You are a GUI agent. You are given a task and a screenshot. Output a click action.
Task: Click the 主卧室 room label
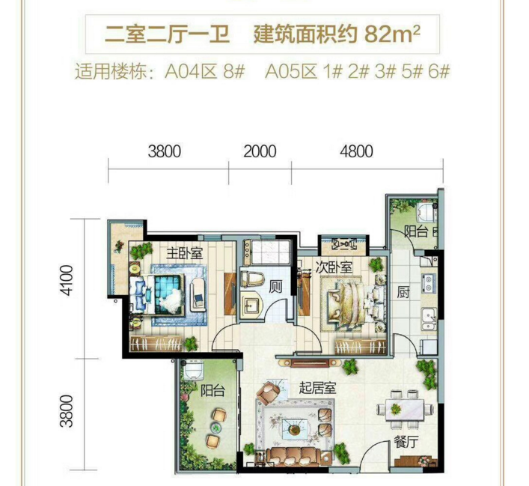click(185, 253)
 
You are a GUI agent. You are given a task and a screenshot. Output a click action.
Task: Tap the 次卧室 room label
click(334, 267)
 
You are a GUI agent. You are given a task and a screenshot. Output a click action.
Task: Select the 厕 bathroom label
click(275, 288)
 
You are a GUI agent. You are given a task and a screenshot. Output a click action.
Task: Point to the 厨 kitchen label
click(403, 293)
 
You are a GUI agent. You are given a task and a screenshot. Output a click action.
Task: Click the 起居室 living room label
click(317, 389)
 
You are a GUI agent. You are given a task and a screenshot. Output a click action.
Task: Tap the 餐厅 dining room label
click(406, 442)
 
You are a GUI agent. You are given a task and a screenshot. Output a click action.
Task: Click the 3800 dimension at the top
click(165, 151)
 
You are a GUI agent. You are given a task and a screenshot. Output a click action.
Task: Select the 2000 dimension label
click(260, 151)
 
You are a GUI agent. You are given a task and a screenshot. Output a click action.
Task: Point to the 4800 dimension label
click(356, 151)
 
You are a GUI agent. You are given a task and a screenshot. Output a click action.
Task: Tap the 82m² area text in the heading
click(392, 34)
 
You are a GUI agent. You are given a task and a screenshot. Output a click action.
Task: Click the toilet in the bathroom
click(251, 279)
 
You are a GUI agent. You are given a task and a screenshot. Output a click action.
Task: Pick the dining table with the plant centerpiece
click(405, 410)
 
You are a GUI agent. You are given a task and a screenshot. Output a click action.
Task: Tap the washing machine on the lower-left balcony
click(193, 370)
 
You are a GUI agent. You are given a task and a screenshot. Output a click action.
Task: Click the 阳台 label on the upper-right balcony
click(417, 231)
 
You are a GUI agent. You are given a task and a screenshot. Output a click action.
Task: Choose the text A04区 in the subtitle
click(190, 72)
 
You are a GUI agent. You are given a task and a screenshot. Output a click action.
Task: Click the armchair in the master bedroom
click(198, 294)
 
